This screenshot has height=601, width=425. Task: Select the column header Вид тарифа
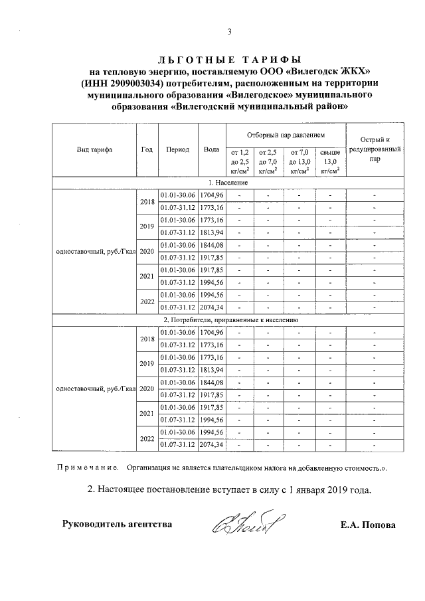coord(94,149)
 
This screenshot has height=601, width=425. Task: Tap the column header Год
coord(147,149)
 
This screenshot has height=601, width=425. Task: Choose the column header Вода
coord(212,149)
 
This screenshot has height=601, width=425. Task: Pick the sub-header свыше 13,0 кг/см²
coord(330,161)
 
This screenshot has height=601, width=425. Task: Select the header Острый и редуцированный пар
coord(375,149)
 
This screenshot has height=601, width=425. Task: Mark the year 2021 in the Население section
coord(147,276)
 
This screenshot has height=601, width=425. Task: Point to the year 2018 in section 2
coord(147,339)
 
